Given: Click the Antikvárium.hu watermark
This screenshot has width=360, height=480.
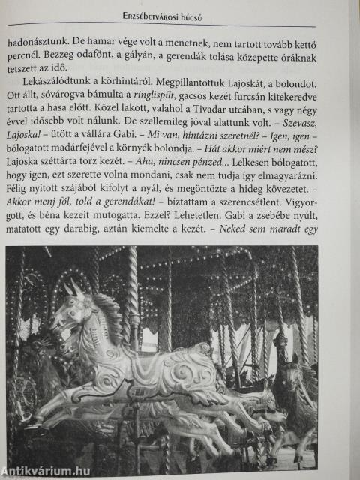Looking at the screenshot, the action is pos(46,469).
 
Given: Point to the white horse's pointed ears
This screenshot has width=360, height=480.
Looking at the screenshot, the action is pos(72,287).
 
